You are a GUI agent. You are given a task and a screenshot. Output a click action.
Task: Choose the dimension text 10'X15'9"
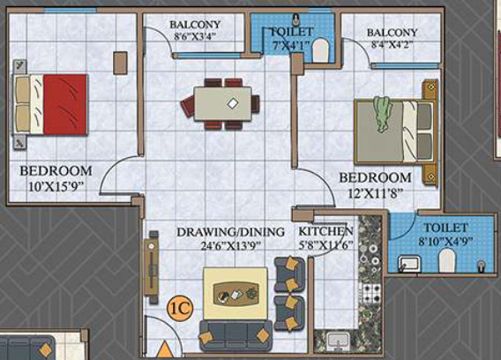pos(55,186)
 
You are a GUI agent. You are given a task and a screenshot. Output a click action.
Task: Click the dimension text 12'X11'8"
pos(376,193)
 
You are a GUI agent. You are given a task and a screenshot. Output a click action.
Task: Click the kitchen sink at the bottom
pos(336,341)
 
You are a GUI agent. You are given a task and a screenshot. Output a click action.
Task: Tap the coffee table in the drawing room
pos(236,294)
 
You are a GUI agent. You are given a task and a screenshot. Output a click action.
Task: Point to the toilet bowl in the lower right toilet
pos(448,259)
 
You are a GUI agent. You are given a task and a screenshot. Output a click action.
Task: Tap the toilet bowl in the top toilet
pos(319,49)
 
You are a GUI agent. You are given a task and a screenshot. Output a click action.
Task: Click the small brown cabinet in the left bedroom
pos(120,62)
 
